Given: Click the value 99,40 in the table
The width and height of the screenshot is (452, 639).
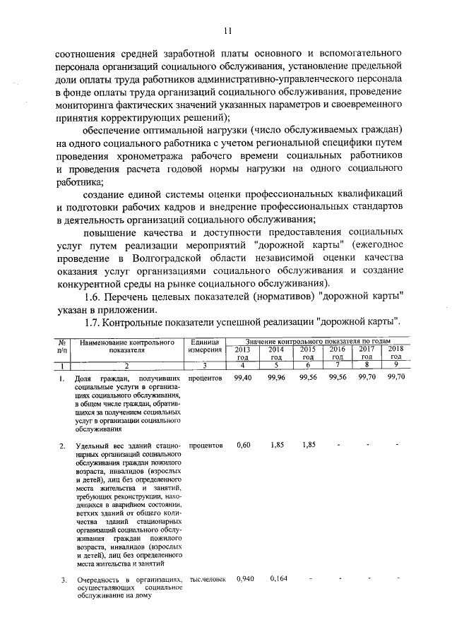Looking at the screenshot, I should coord(243,378).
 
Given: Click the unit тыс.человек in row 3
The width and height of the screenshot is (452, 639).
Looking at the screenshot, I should coord(207,580).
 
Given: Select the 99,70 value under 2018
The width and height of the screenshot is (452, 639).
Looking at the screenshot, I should coord(396,378).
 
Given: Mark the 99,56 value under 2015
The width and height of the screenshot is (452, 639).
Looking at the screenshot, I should coord(307,378).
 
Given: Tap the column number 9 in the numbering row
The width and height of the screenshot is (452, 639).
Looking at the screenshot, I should coord(396,366).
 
